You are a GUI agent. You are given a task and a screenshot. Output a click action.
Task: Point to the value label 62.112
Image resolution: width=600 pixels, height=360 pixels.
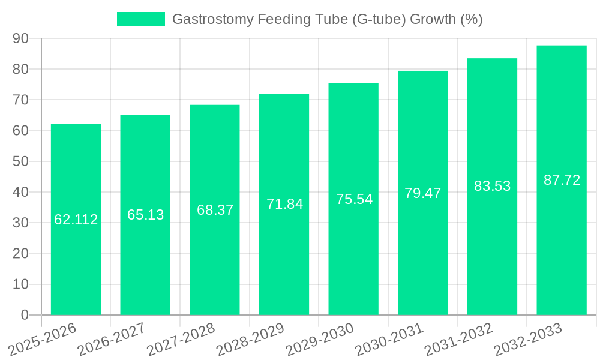pyautogui.click(x=76, y=220)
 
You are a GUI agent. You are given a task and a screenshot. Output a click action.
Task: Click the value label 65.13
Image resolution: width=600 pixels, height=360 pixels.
pyautogui.click(x=145, y=215)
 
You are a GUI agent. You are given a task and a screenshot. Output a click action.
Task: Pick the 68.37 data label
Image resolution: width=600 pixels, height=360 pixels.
pyautogui.click(x=215, y=210)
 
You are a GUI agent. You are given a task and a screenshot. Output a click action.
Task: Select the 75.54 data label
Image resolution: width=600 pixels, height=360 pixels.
pyautogui.click(x=354, y=199)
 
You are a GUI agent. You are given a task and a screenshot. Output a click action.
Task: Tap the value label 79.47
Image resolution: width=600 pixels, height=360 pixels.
pyautogui.click(x=422, y=193)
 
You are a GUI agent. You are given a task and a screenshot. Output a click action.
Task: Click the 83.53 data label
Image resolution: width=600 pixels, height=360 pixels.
pyautogui.click(x=492, y=186)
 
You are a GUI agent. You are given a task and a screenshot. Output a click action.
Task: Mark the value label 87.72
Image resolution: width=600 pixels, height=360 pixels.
pyautogui.click(x=562, y=180)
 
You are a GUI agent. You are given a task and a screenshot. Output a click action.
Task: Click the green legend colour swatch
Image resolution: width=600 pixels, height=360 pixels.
pyautogui.click(x=140, y=19)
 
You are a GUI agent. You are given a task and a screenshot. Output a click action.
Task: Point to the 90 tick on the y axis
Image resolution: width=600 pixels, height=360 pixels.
pyautogui.click(x=20, y=38)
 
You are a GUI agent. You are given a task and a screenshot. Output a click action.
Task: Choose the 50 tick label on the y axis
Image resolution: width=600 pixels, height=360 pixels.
pyautogui.click(x=20, y=161)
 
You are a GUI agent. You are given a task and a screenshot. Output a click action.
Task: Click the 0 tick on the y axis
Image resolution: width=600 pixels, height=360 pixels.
pyautogui.click(x=25, y=315)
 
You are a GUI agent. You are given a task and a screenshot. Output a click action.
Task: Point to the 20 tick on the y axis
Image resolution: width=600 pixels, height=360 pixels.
pyautogui.click(x=20, y=254)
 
